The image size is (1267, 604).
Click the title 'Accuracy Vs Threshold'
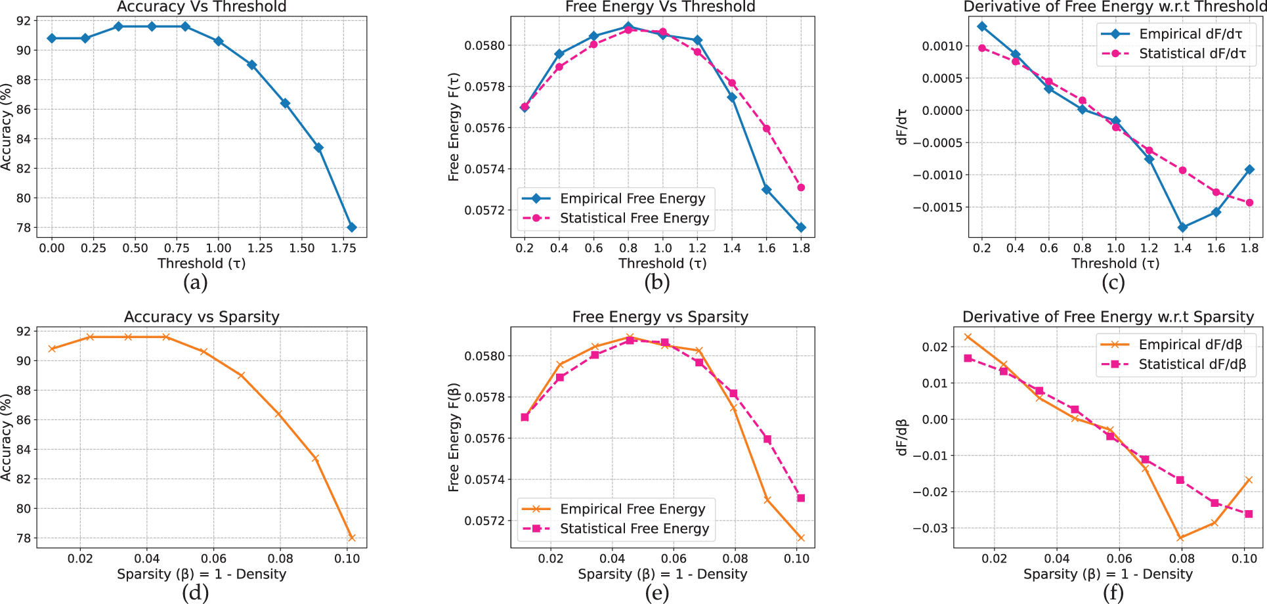(202, 7)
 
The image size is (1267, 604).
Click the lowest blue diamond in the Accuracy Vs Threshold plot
(352, 227)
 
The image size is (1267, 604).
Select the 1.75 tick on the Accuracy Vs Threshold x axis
(343, 248)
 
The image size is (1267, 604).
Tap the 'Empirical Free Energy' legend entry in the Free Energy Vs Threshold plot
(632, 198)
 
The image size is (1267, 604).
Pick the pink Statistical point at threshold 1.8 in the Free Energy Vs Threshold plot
(801, 188)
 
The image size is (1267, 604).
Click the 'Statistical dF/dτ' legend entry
(1192, 54)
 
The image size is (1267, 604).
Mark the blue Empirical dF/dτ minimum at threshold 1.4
(1182, 228)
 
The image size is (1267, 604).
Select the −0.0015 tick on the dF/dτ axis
(937, 207)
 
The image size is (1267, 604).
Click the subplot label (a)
(196, 283)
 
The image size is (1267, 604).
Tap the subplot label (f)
(1113, 593)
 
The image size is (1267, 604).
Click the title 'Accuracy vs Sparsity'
(202, 317)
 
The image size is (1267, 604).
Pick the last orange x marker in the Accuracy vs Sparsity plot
(352, 538)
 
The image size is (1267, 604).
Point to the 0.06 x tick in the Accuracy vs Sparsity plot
(213, 559)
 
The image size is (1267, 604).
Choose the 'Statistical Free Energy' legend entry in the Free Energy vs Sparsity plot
(634, 528)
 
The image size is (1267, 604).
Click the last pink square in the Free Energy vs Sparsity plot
(801, 498)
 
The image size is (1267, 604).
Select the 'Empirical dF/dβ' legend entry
(1190, 345)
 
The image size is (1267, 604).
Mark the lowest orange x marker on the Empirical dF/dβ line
(1180, 538)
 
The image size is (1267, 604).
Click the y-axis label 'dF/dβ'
(902, 437)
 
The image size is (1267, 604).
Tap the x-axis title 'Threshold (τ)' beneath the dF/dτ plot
(1115, 264)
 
